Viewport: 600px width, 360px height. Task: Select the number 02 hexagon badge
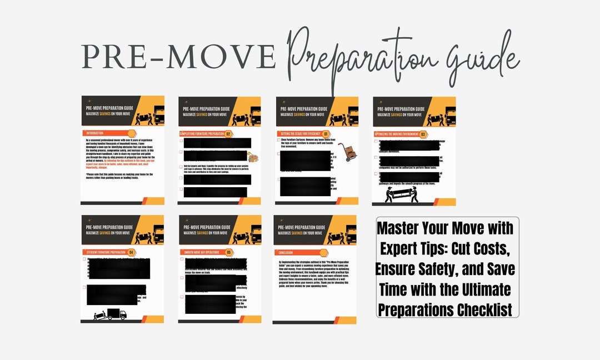(228, 134)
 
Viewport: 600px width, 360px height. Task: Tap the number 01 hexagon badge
(326, 134)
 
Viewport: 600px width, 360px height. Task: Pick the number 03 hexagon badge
(423, 134)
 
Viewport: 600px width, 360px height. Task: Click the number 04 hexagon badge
(131, 252)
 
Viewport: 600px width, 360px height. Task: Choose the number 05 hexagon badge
(229, 252)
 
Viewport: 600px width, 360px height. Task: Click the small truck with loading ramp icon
(111, 314)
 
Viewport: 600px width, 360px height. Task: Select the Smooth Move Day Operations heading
(201, 252)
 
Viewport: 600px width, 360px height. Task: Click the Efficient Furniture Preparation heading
(104, 252)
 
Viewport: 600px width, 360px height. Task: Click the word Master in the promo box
(400, 228)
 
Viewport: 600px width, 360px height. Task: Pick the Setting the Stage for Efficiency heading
(298, 134)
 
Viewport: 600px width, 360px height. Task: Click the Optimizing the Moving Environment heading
(396, 134)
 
